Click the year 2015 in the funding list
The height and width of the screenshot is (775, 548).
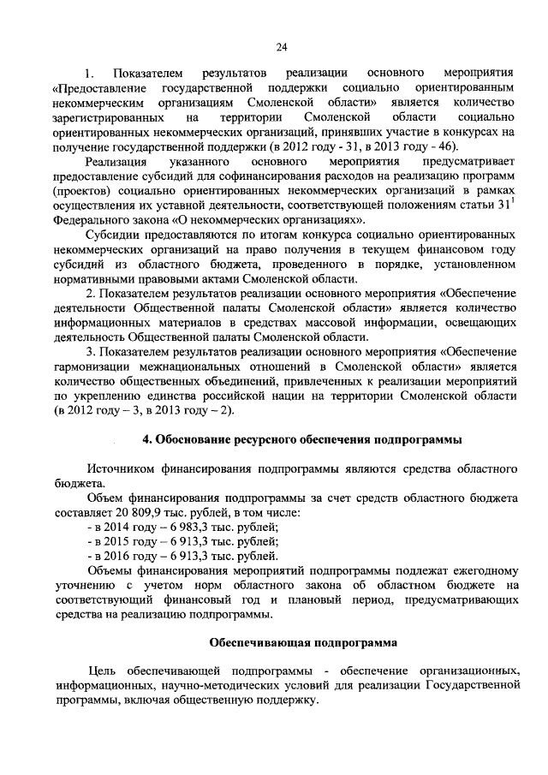coord(117,542)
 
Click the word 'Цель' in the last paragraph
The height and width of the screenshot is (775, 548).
coord(104,669)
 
